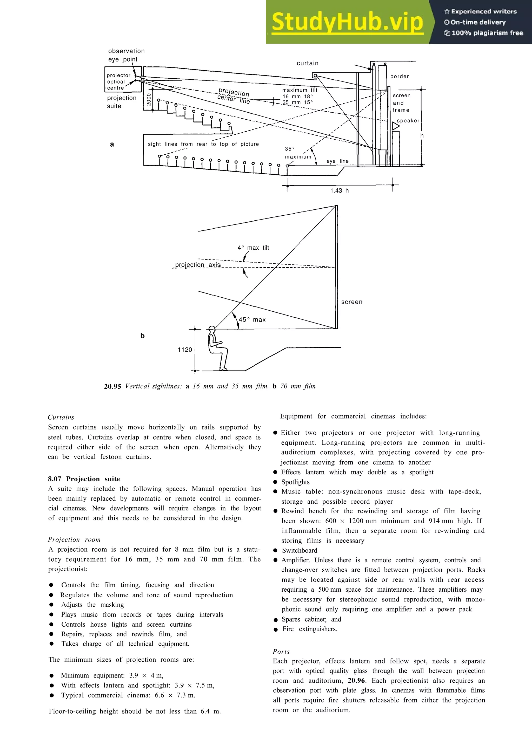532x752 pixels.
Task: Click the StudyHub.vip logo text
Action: click(x=347, y=22)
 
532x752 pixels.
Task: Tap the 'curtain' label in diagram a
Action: click(x=308, y=63)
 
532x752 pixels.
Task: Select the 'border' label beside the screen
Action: click(x=399, y=76)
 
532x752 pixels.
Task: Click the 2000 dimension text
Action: click(x=149, y=100)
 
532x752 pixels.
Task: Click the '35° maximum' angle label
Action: click(x=298, y=153)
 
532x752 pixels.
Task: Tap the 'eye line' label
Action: click(x=337, y=161)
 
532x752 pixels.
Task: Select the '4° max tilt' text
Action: click(x=253, y=248)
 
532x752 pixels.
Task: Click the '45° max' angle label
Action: click(x=252, y=320)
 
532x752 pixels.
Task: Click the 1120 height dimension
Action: click(x=185, y=350)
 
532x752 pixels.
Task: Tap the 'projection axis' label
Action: click(x=198, y=265)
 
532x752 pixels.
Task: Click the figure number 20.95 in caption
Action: click(x=112, y=386)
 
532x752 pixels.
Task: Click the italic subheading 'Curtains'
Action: click(x=61, y=417)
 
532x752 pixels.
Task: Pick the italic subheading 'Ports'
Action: click(x=281, y=652)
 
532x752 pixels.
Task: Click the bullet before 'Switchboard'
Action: click(x=275, y=551)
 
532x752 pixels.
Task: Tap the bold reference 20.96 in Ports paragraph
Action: click(x=356, y=681)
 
